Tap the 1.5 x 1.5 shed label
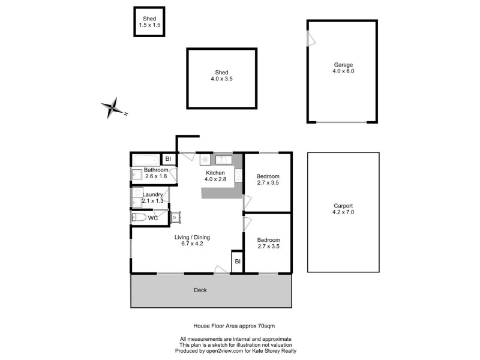coord(148,22)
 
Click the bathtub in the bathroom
coord(145,160)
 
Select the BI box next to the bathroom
coord(169,159)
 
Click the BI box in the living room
coord(238,262)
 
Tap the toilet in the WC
coord(139,218)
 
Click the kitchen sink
coord(223,160)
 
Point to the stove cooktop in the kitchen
coord(205,160)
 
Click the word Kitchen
coord(215,172)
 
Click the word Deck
coord(200,290)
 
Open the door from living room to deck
coord(221,271)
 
